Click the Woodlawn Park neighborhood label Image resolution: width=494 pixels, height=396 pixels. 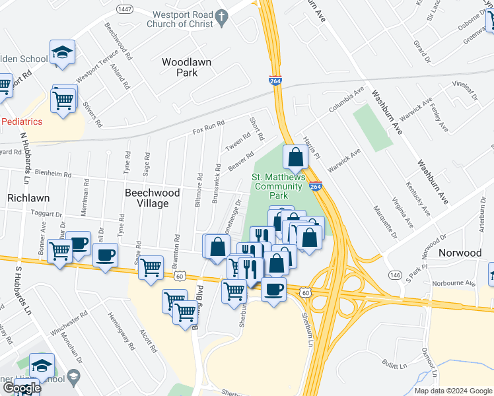pos(186,67)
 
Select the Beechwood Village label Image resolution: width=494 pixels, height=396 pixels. pos(147,197)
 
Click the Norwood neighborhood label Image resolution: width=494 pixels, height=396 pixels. pos(461,253)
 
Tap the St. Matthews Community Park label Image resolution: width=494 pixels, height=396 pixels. pos(279,186)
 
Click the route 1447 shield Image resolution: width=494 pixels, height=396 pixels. pos(124,9)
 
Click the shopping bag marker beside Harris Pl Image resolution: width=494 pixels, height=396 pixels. pos(295,158)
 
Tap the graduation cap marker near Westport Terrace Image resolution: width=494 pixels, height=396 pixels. pos(63,53)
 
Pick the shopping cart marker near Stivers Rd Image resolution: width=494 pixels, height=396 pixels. pos(64,100)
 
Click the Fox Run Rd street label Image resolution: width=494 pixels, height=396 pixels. pos(209,123)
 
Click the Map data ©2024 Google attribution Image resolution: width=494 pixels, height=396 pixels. pos(452,391)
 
